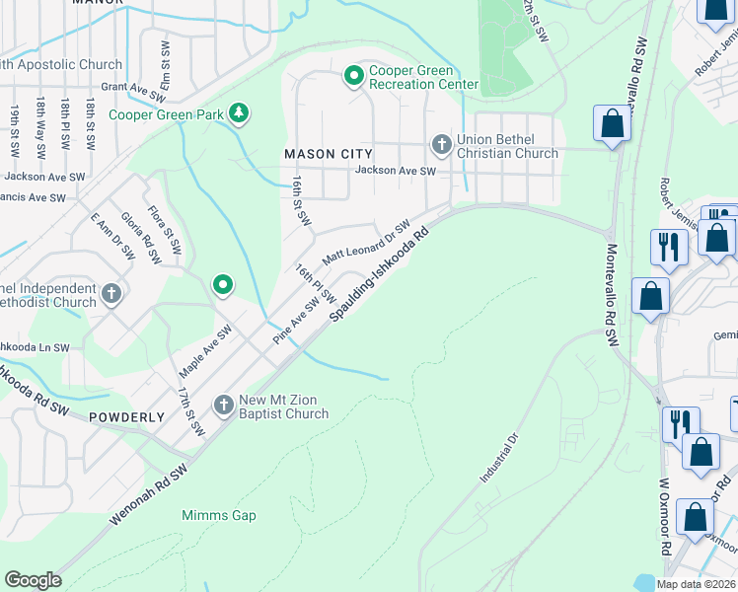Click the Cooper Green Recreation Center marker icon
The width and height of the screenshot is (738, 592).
353,76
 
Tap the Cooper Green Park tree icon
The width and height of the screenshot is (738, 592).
238,114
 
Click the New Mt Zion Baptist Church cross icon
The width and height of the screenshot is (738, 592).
224,405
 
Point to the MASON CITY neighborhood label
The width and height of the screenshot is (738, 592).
329,154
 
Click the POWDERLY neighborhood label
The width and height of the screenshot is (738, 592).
127,417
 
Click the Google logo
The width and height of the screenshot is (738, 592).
33,580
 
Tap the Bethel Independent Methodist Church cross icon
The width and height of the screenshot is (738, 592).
111,293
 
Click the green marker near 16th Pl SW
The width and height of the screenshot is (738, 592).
223,286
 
